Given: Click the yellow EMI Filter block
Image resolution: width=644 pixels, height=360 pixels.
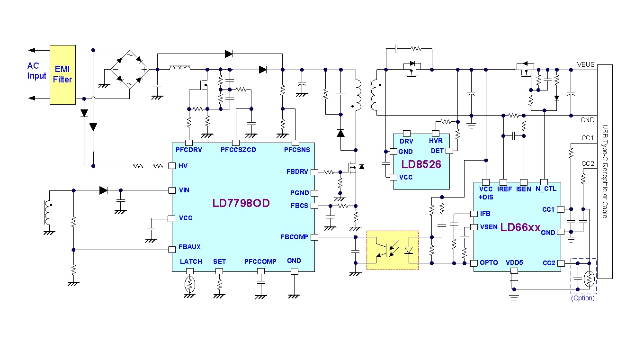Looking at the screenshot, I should (63, 74).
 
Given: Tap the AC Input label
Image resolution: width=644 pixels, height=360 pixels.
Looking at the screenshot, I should (37, 71).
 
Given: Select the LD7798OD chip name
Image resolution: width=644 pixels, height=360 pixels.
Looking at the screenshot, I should (241, 203).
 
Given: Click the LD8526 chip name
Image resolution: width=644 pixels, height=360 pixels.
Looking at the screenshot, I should (421, 164).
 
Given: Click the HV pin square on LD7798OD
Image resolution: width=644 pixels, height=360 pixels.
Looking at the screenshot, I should (172, 166).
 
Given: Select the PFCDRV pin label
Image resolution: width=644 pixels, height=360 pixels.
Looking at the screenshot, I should (188, 150).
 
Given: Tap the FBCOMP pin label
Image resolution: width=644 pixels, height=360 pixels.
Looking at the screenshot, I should (294, 237).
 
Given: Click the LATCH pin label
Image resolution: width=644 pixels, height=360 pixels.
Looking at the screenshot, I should (191, 261).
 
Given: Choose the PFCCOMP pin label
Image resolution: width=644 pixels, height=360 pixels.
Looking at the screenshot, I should (260, 261).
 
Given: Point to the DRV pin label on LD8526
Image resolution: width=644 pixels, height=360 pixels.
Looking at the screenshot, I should (406, 141).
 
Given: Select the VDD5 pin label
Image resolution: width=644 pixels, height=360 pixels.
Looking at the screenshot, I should (514, 262).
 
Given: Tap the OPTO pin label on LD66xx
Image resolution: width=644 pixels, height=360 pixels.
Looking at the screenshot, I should (489, 262).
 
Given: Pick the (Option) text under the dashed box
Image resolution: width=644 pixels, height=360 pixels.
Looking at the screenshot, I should (583, 298).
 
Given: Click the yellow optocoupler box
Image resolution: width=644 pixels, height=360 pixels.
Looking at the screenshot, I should (393, 250).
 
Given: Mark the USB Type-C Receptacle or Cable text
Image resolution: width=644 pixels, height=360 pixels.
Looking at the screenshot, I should (605, 171).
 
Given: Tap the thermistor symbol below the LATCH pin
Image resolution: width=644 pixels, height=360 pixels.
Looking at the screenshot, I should (189, 284).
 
